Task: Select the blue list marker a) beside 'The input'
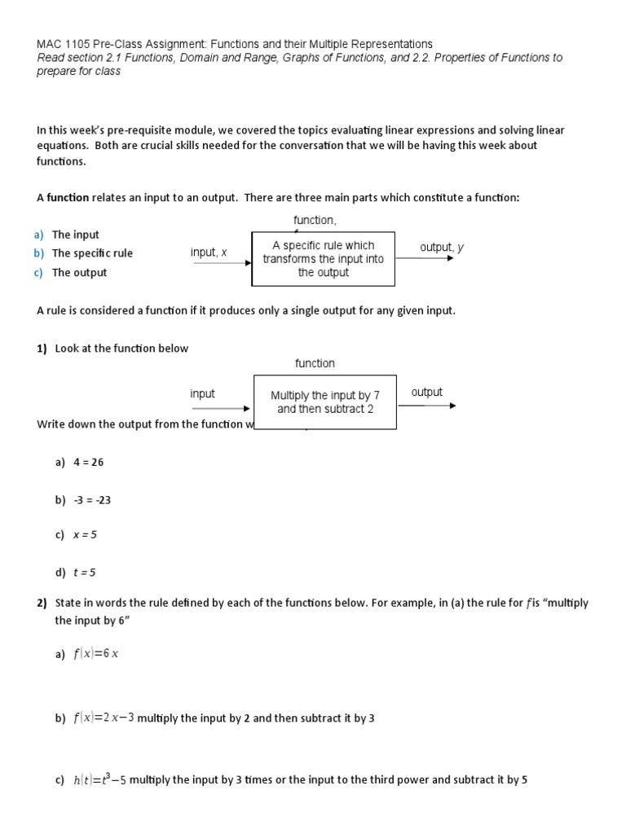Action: coord(39,235)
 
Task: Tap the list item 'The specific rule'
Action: coord(92,253)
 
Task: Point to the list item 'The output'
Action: coord(79,273)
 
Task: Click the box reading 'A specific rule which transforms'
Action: coord(324,259)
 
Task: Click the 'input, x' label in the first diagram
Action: coord(209,252)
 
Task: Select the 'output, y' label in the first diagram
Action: coord(442,248)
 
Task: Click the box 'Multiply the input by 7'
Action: coord(325,402)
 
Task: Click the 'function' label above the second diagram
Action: coord(315,363)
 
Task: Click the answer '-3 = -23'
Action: coord(91,500)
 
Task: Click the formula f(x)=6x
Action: coord(96,654)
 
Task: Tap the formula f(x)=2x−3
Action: coord(104,718)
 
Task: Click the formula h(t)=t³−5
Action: coord(99,779)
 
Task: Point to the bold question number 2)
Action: coord(42,604)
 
